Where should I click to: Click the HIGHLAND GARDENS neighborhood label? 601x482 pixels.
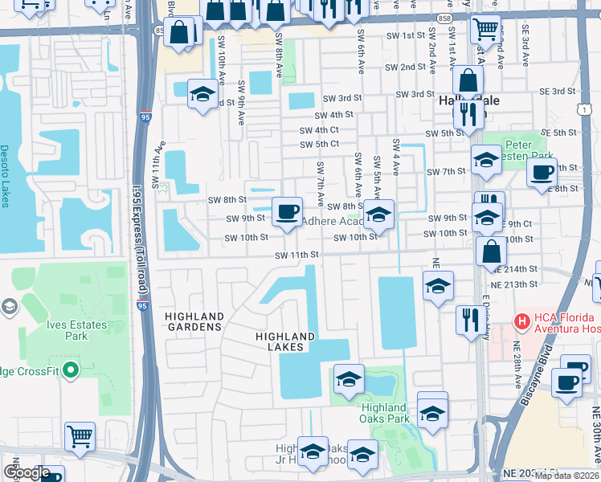coord(194,321)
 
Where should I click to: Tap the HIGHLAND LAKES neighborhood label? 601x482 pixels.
coord(285,341)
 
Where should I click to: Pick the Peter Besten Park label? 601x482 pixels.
coord(529,150)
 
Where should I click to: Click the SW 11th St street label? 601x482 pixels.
coord(297,255)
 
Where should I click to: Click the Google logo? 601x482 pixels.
coord(27,473)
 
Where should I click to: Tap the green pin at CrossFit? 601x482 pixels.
coord(70,370)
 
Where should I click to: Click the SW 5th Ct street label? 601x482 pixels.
coord(319,145)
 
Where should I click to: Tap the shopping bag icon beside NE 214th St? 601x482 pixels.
coord(491,251)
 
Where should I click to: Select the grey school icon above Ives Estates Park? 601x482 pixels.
coord(9,306)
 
